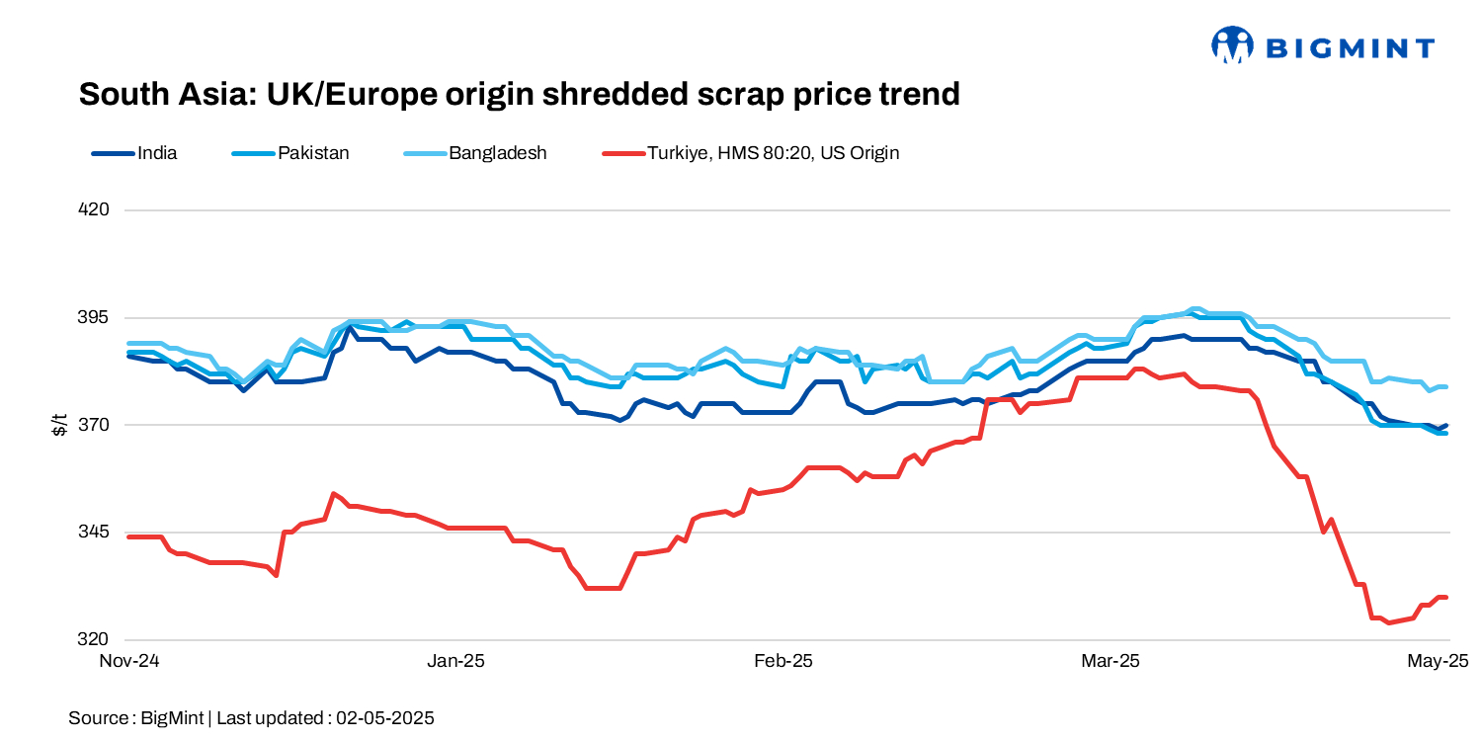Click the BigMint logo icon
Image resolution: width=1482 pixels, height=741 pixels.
click(x=1232, y=45)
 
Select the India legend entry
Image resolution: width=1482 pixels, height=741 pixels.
click(x=157, y=153)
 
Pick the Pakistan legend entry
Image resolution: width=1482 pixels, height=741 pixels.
click(x=313, y=153)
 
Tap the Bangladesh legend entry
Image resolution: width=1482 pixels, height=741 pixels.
click(x=497, y=153)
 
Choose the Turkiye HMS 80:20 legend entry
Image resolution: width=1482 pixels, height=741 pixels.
click(x=772, y=153)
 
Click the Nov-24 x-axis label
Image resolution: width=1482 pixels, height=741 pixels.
click(x=127, y=661)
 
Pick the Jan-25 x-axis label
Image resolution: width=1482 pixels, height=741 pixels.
click(x=455, y=661)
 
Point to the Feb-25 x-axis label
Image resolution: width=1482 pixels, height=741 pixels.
click(x=782, y=661)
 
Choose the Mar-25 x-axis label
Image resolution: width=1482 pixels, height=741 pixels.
click(x=1111, y=661)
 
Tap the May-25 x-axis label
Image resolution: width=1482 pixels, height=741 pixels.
click(x=1437, y=661)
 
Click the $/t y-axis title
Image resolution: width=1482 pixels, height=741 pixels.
click(x=60, y=425)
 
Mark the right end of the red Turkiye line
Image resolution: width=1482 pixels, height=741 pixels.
click(x=1446, y=598)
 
